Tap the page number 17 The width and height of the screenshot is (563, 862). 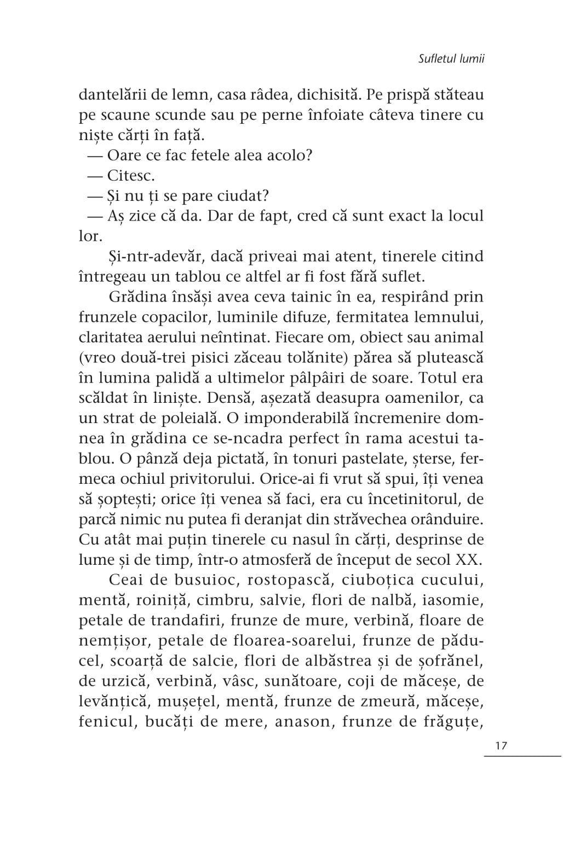(501, 745)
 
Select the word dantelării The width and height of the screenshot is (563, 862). (113, 95)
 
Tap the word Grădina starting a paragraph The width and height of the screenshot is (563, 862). (140, 297)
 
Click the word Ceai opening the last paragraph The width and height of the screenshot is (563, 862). (126, 580)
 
